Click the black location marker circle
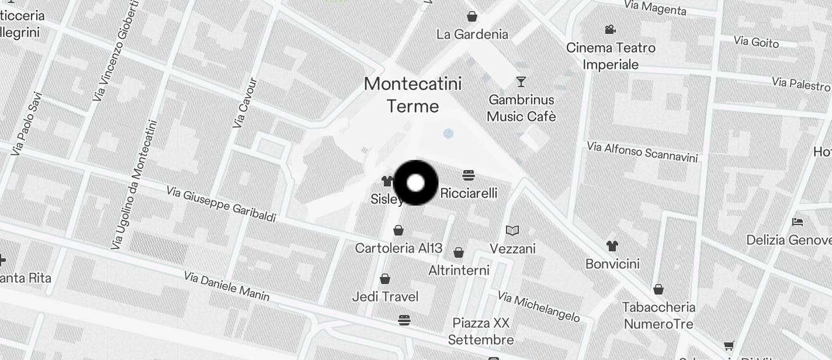click(x=415, y=183)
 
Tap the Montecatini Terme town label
click(x=412, y=95)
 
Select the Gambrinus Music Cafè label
click(x=521, y=108)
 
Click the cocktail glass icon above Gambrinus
click(x=521, y=82)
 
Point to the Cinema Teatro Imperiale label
click(x=611, y=56)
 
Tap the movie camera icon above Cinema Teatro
click(x=610, y=29)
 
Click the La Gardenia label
click(x=472, y=34)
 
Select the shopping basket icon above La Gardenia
click(x=472, y=16)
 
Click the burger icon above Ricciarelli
click(x=468, y=175)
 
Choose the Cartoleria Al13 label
click(x=398, y=248)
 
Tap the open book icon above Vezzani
click(x=512, y=231)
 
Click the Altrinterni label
click(x=459, y=271)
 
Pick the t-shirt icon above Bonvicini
click(x=612, y=245)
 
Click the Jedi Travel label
click(x=385, y=297)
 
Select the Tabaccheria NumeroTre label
click(x=658, y=316)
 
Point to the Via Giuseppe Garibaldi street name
click(x=221, y=204)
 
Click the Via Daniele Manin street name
click(x=227, y=286)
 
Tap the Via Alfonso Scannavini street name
click(x=642, y=151)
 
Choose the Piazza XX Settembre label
click(x=480, y=331)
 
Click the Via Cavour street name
click(x=245, y=103)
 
